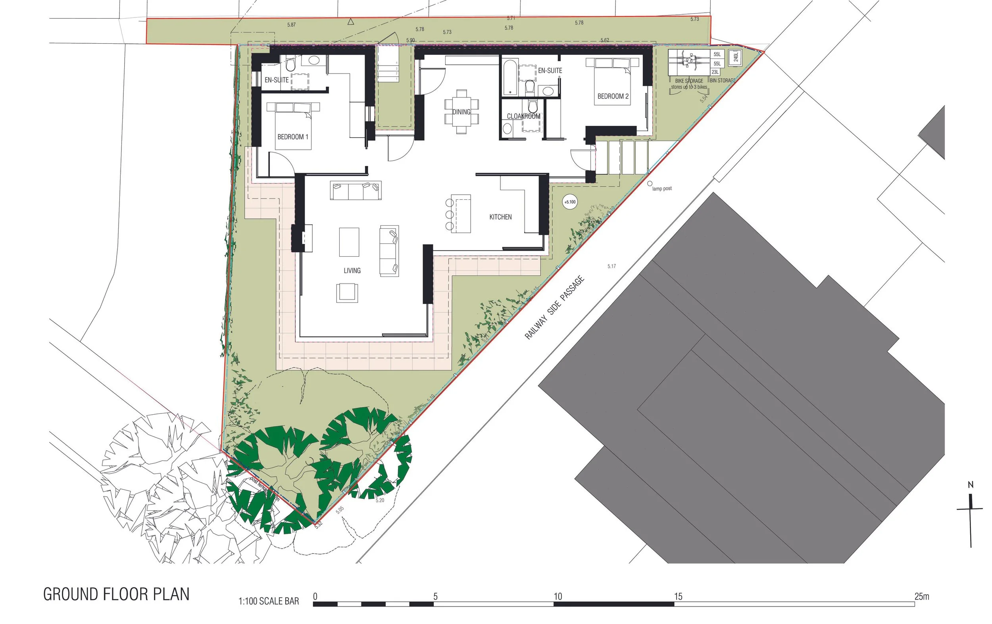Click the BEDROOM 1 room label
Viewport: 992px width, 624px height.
pos(292,137)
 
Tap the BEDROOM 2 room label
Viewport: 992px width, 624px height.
pos(613,97)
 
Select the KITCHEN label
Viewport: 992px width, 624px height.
pos(500,217)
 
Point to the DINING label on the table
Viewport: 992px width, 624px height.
pos(461,112)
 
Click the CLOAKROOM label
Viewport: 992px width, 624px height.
pos(523,116)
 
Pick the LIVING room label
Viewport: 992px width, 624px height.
pos(352,270)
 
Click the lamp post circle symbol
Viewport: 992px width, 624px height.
pos(650,184)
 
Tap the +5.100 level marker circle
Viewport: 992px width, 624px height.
pos(570,202)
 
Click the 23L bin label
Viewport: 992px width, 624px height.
pos(715,72)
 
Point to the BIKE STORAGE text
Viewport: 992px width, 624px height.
pos(689,81)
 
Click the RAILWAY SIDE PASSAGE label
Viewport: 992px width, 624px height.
pos(554,308)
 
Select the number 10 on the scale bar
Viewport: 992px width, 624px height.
pos(558,596)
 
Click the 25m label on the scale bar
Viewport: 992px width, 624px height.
pos(922,596)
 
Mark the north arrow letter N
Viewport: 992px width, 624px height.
pos(971,485)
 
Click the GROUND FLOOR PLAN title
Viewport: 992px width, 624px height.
pos(116,594)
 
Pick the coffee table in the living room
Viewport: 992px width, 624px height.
pos(349,242)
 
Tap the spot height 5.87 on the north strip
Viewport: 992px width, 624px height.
pos(291,25)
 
